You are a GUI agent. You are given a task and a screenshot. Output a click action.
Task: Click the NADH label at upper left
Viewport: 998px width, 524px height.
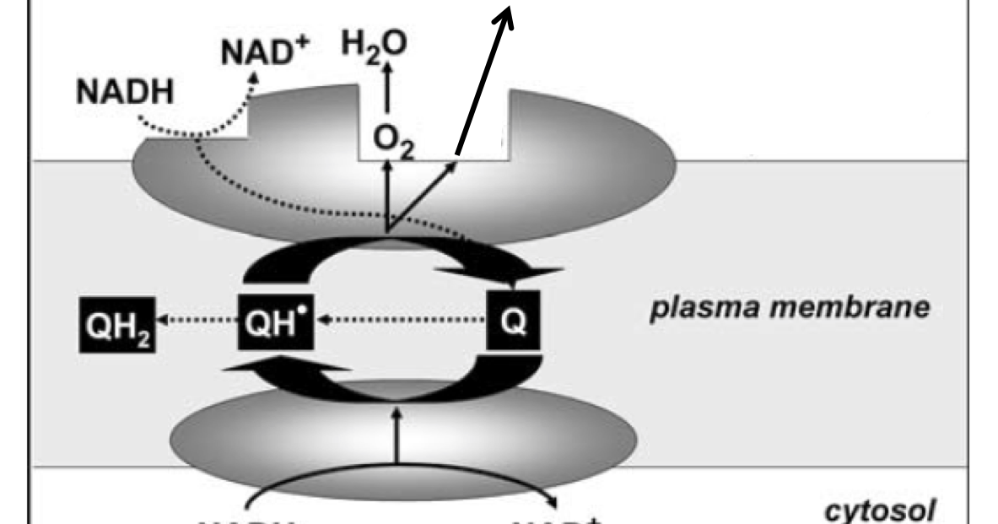click(125, 92)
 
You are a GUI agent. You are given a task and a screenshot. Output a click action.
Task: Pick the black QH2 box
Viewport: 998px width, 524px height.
click(117, 321)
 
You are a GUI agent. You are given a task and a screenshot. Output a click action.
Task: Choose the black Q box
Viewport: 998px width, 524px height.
click(512, 321)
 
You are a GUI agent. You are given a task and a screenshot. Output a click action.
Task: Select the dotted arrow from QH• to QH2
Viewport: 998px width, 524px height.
click(198, 321)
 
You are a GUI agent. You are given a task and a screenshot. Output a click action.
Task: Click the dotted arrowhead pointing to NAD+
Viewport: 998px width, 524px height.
click(252, 78)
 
